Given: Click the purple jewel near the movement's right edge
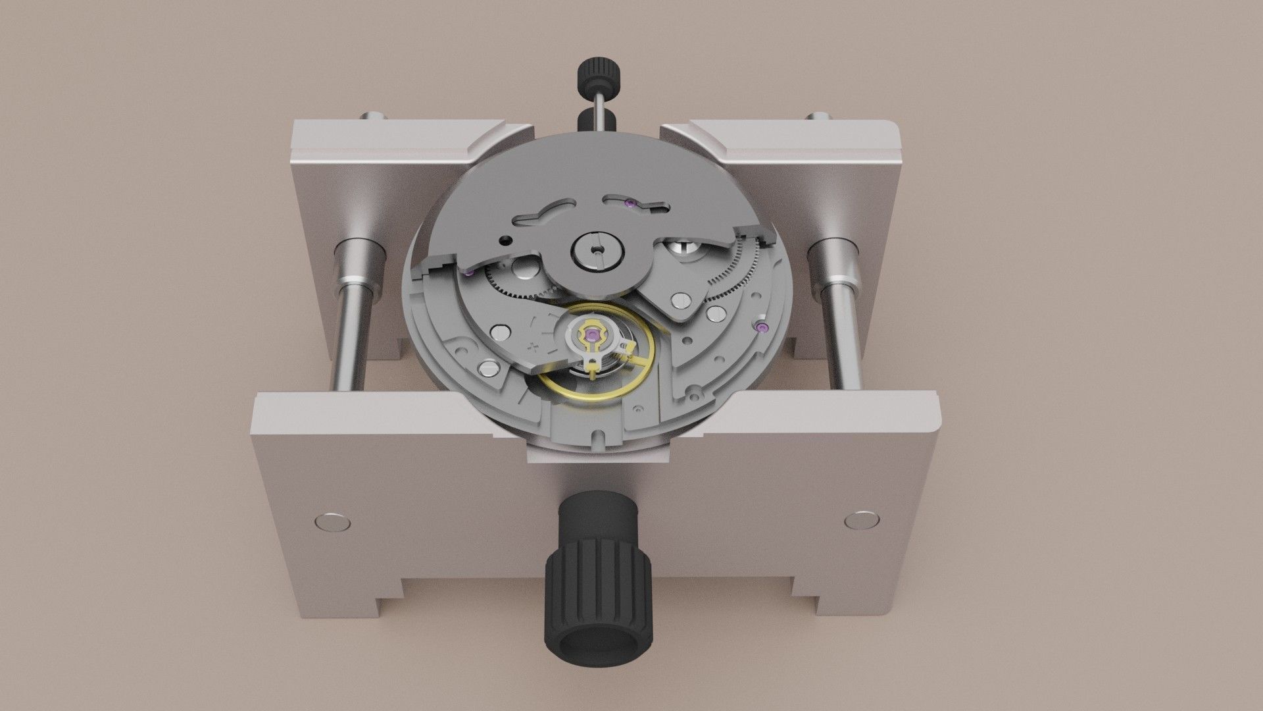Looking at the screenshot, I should pos(762,328).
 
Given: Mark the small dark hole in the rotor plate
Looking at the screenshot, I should pos(505,240).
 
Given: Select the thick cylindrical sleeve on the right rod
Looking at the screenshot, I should pos(833,263).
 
